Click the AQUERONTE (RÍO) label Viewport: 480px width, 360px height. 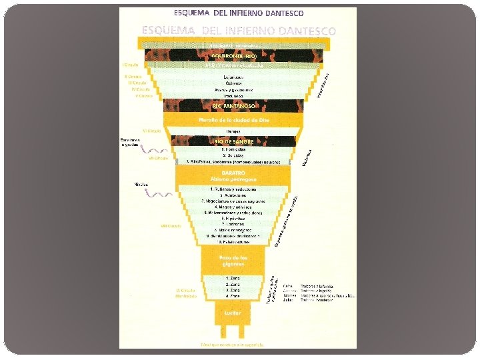233,55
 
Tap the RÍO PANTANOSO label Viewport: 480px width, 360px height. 233,106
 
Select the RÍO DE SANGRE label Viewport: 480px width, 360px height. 233,141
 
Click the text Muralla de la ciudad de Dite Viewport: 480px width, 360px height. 233,119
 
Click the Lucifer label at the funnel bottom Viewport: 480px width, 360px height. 233,312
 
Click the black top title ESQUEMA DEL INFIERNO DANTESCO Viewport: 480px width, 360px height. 239,13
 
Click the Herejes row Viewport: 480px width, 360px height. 233,131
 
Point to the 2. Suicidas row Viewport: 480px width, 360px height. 233,155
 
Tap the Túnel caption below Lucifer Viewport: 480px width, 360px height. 233,345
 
